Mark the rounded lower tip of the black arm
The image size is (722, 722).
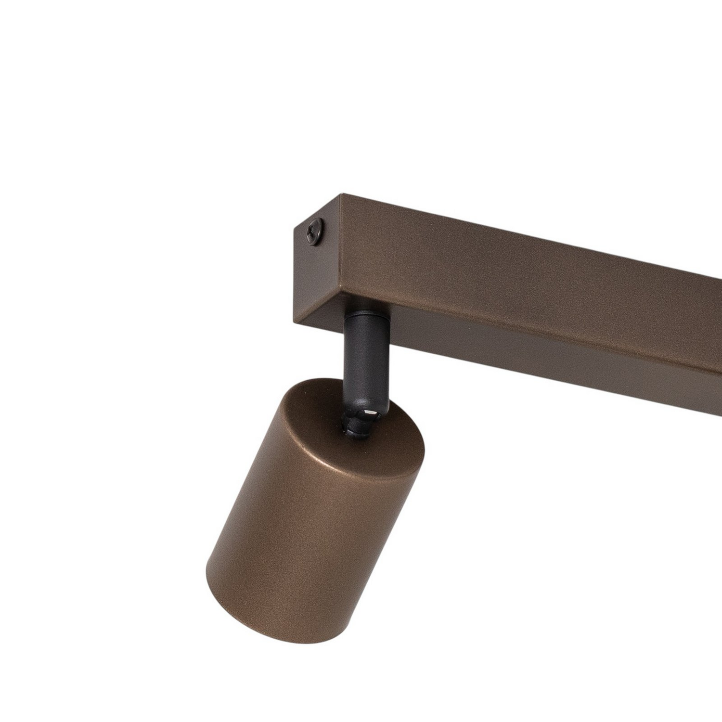pos(373,415)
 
